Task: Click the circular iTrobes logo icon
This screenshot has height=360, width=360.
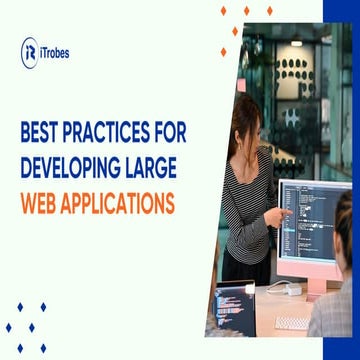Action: click(30, 49)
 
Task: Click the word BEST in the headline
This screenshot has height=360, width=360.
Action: click(44, 130)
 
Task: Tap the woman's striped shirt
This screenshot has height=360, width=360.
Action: click(243, 200)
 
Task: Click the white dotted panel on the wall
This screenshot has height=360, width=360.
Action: click(291, 68)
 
